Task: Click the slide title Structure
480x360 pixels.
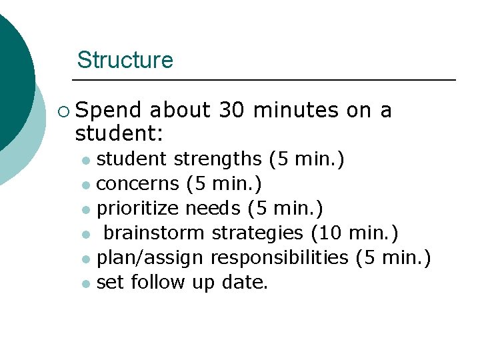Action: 125,60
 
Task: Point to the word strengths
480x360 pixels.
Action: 219,159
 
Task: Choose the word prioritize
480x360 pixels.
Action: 138,209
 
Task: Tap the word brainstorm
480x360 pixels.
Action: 154,233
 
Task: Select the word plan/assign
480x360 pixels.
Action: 151,257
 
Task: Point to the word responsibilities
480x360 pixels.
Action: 279,257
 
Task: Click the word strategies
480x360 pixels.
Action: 257,233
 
